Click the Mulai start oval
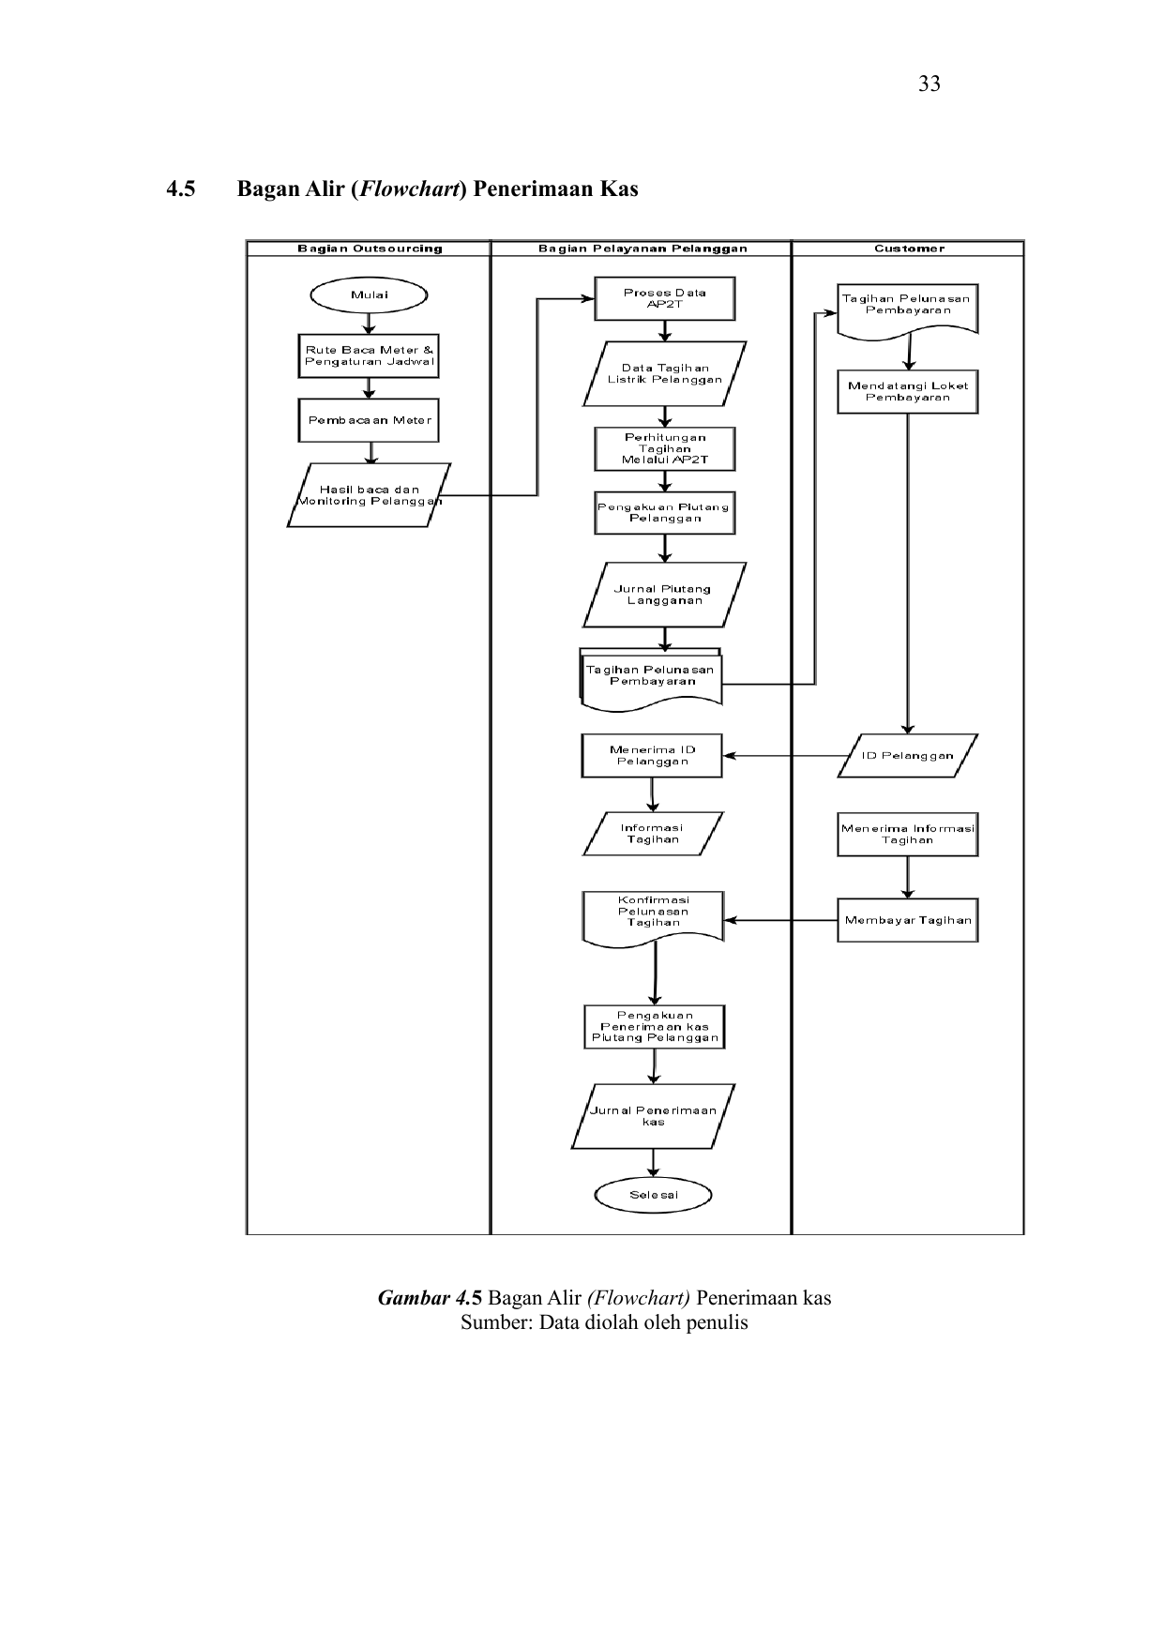click(369, 295)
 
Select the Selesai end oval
click(653, 1195)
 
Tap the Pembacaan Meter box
click(369, 420)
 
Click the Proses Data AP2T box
click(664, 298)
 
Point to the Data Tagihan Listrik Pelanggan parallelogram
click(664, 374)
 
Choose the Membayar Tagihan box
click(907, 920)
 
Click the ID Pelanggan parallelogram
click(907, 756)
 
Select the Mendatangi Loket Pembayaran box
click(907, 391)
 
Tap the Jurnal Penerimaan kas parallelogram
click(653, 1116)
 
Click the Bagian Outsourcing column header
click(370, 249)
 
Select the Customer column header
click(909, 249)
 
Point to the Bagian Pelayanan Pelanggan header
click(642, 249)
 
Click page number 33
click(930, 84)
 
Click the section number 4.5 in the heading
click(181, 189)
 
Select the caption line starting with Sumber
click(604, 1323)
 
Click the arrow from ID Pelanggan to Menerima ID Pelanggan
click(785, 756)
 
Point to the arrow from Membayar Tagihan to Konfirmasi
click(780, 920)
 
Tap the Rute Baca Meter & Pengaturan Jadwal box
click(369, 356)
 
